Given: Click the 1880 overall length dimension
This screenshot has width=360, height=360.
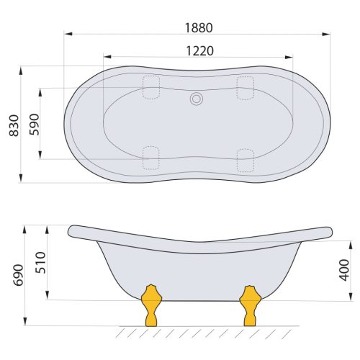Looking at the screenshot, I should [x=197, y=27].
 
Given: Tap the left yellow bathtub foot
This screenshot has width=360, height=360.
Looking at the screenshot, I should [x=150, y=305].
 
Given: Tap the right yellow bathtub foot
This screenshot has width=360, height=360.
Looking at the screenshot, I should [x=249, y=305].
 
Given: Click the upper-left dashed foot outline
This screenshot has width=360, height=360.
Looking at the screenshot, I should [x=151, y=87].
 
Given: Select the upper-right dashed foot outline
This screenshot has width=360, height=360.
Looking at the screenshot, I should [x=246, y=87].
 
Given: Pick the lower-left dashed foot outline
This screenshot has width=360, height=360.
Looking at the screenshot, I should [x=151, y=158].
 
